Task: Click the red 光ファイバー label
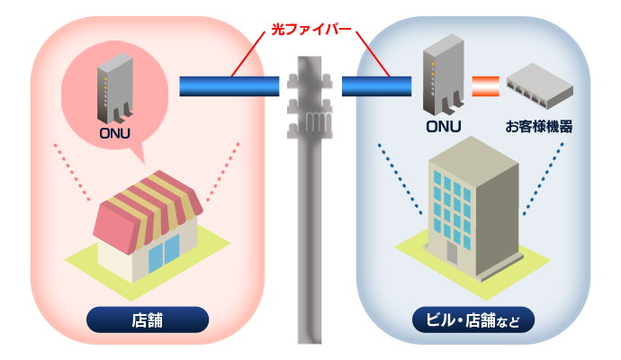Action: [x=310, y=30]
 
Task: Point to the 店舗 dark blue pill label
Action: [x=148, y=319]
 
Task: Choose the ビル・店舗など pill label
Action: [x=472, y=319]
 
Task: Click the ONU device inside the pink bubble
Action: [x=115, y=90]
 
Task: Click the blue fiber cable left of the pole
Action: [x=229, y=86]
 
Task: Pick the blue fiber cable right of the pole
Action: [x=376, y=86]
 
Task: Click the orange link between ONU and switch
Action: [x=485, y=86]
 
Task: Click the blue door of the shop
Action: [x=157, y=256]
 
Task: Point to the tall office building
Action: [x=472, y=207]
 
